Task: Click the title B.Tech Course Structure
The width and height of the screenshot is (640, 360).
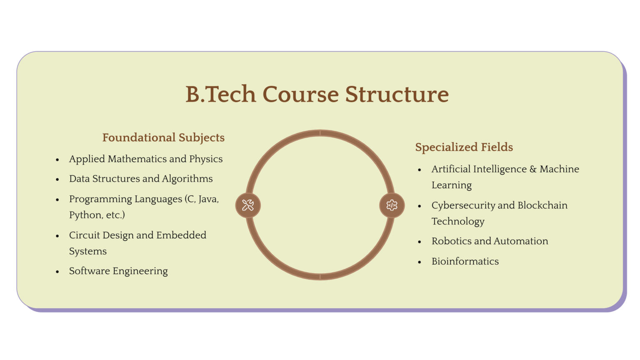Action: point(317,95)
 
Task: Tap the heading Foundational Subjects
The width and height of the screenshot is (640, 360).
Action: point(163,137)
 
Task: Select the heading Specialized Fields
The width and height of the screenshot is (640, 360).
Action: point(464,147)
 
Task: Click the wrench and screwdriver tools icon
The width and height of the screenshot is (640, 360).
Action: point(248,205)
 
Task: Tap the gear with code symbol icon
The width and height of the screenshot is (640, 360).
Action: point(392,205)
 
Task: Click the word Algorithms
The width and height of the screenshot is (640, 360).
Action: point(187,179)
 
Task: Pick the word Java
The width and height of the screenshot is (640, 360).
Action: point(208,199)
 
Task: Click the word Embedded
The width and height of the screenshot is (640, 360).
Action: point(181,235)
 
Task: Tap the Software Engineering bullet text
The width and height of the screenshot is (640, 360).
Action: point(118,271)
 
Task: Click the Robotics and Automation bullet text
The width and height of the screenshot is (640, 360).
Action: point(490,241)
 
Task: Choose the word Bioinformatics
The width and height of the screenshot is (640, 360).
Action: point(465,261)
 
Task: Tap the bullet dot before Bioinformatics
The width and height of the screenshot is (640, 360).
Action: point(420,262)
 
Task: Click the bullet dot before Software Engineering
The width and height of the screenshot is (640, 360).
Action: point(57,272)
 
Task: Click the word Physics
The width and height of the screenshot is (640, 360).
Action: point(206,159)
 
